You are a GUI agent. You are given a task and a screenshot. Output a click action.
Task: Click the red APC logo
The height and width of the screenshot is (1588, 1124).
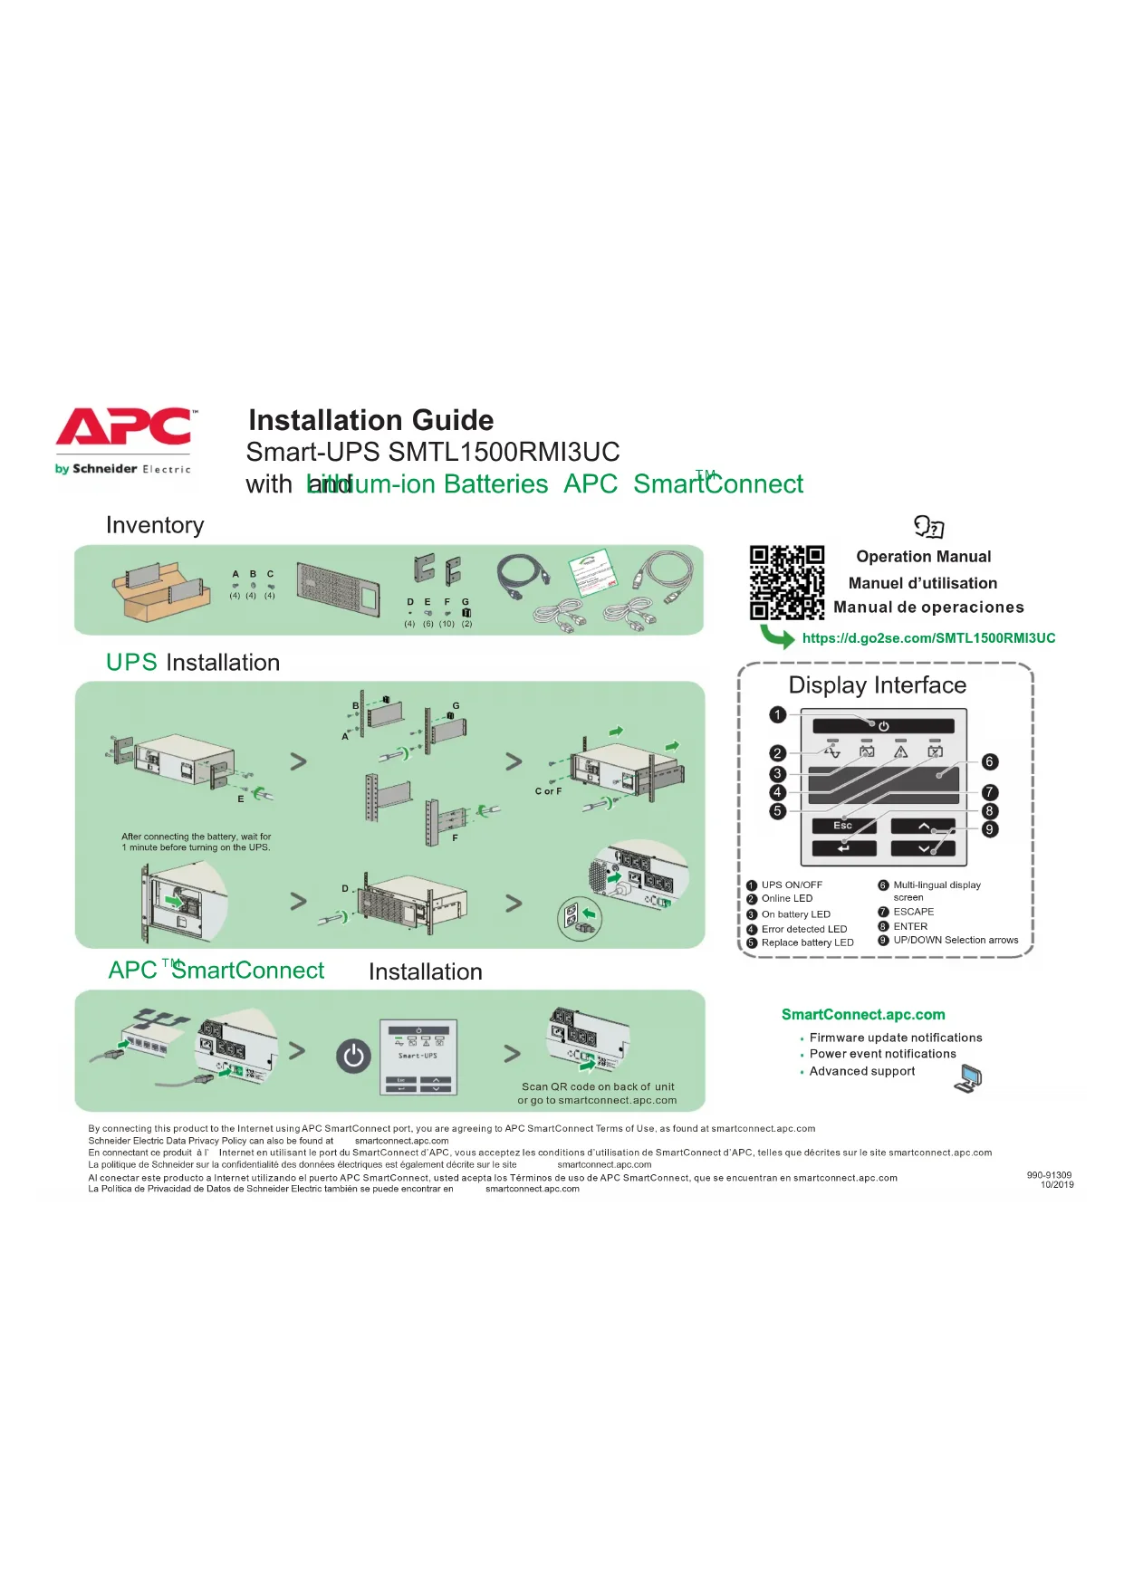coord(125,426)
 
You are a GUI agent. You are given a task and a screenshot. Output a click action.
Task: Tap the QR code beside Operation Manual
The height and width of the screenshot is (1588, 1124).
coord(786,582)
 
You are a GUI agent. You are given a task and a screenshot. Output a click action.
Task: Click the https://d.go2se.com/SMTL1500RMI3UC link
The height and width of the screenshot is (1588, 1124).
coord(928,638)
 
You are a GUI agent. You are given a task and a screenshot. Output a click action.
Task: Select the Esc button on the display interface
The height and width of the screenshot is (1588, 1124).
coord(843,826)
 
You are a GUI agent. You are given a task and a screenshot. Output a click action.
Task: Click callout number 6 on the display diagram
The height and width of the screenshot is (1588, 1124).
coord(989,762)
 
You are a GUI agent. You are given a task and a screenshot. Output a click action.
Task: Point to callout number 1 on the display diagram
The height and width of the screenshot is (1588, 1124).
coord(777,715)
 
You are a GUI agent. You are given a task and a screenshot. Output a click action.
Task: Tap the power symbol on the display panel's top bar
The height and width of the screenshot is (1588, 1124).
coord(883,726)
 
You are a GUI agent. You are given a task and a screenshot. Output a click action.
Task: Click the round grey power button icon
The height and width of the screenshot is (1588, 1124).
coord(353,1056)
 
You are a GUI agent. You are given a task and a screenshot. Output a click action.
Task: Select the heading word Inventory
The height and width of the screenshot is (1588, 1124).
coord(155,525)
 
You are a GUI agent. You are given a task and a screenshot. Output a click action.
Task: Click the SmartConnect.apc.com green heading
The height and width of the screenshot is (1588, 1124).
coord(863,1015)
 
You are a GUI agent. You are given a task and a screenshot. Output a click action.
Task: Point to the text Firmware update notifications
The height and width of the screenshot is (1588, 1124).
coord(895,1038)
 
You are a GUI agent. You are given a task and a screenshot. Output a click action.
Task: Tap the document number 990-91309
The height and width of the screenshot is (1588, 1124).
coord(1049,1175)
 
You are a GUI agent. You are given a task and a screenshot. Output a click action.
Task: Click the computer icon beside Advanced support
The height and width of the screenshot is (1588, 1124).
coord(969,1078)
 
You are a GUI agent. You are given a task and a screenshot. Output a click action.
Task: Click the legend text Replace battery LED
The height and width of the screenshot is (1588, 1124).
coord(807,942)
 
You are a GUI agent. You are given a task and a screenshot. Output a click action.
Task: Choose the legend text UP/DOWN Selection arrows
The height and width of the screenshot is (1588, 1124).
coord(956,941)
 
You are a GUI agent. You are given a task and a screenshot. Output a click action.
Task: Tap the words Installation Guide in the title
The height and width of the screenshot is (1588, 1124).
coord(371,420)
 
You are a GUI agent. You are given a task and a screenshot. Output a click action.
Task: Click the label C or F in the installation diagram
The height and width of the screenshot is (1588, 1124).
coord(548,791)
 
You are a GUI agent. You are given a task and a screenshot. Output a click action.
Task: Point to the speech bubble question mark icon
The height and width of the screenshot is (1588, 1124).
coord(928,526)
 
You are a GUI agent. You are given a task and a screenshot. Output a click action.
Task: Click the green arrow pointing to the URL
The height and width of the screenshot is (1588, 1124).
coord(776,636)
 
